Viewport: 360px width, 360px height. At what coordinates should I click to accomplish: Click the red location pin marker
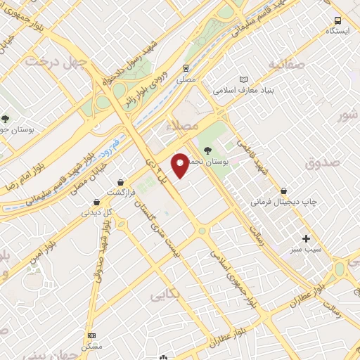pyautogui.click(x=181, y=166)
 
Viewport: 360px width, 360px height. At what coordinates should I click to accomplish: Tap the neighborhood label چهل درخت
pyautogui.click(x=55, y=63)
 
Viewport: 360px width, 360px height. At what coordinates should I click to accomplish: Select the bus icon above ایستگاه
pyautogui.click(x=338, y=20)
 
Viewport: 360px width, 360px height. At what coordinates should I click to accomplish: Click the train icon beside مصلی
pyautogui.click(x=186, y=68)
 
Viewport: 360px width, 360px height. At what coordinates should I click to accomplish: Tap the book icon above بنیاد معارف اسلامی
pyautogui.click(x=243, y=79)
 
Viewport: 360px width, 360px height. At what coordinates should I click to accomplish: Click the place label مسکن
pyautogui.click(x=91, y=347)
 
